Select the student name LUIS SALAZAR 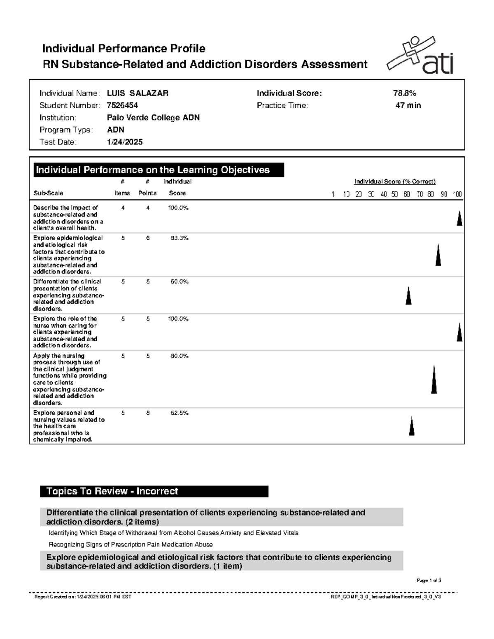click(x=137, y=93)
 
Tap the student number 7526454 click(x=122, y=106)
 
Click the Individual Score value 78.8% click(x=404, y=93)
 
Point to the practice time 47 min click(x=408, y=106)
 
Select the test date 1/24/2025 click(x=125, y=142)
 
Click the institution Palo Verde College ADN click(x=153, y=118)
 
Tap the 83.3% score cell click(x=179, y=238)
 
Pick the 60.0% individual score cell click(x=179, y=282)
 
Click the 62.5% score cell click(x=179, y=413)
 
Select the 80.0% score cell click(x=179, y=356)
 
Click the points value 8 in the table click(x=148, y=413)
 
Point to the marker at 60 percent click(x=408, y=296)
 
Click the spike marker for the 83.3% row click(x=438, y=256)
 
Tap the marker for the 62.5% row click(x=411, y=426)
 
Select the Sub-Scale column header click(x=48, y=193)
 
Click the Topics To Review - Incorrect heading click(x=112, y=491)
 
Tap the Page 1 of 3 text click(x=429, y=581)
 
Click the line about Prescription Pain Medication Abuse click(x=130, y=545)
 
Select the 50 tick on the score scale click(x=395, y=194)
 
